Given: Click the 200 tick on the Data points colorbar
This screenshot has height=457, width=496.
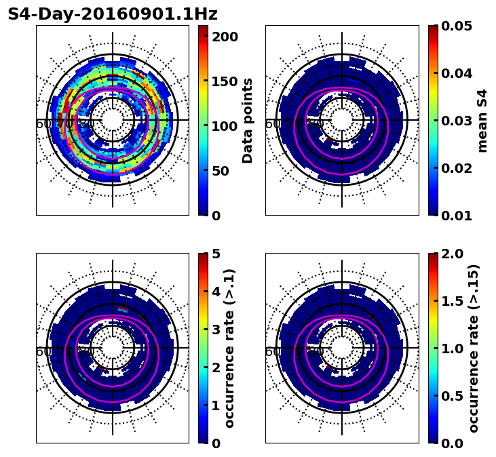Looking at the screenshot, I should tap(225, 37).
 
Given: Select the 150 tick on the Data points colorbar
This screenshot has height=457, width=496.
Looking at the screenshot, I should tap(225, 81).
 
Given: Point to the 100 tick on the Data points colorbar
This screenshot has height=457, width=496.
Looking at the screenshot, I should tap(225, 126).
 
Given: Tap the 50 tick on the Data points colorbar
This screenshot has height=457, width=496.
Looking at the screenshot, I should tap(225, 171).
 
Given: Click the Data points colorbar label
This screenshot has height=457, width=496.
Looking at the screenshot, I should tap(248, 121).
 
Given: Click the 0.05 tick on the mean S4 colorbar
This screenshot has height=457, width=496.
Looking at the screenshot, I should tap(458, 26).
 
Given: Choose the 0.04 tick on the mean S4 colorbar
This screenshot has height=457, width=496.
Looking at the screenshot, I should tap(458, 73).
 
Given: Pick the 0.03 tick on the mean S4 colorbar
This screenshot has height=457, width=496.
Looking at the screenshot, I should tap(458, 121).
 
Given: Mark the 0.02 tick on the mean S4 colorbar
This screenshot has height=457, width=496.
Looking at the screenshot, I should tap(458, 168).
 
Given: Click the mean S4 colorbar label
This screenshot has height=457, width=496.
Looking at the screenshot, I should tap(482, 121).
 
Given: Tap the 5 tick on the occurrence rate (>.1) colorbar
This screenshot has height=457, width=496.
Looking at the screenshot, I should tap(216, 254).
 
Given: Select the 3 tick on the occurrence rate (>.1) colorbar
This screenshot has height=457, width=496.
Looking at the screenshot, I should tap(216, 330).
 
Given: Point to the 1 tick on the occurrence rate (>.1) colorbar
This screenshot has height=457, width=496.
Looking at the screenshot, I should tap(216, 405).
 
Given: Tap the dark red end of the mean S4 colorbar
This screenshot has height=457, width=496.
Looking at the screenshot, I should tap(433, 28).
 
